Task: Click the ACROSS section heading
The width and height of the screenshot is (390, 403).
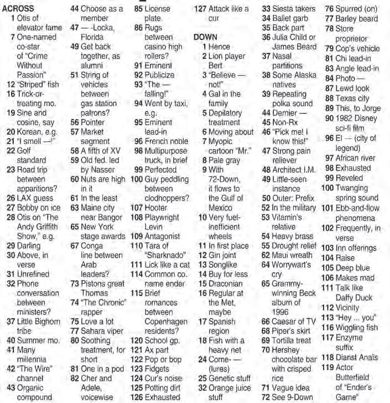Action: click(x=18, y=9)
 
